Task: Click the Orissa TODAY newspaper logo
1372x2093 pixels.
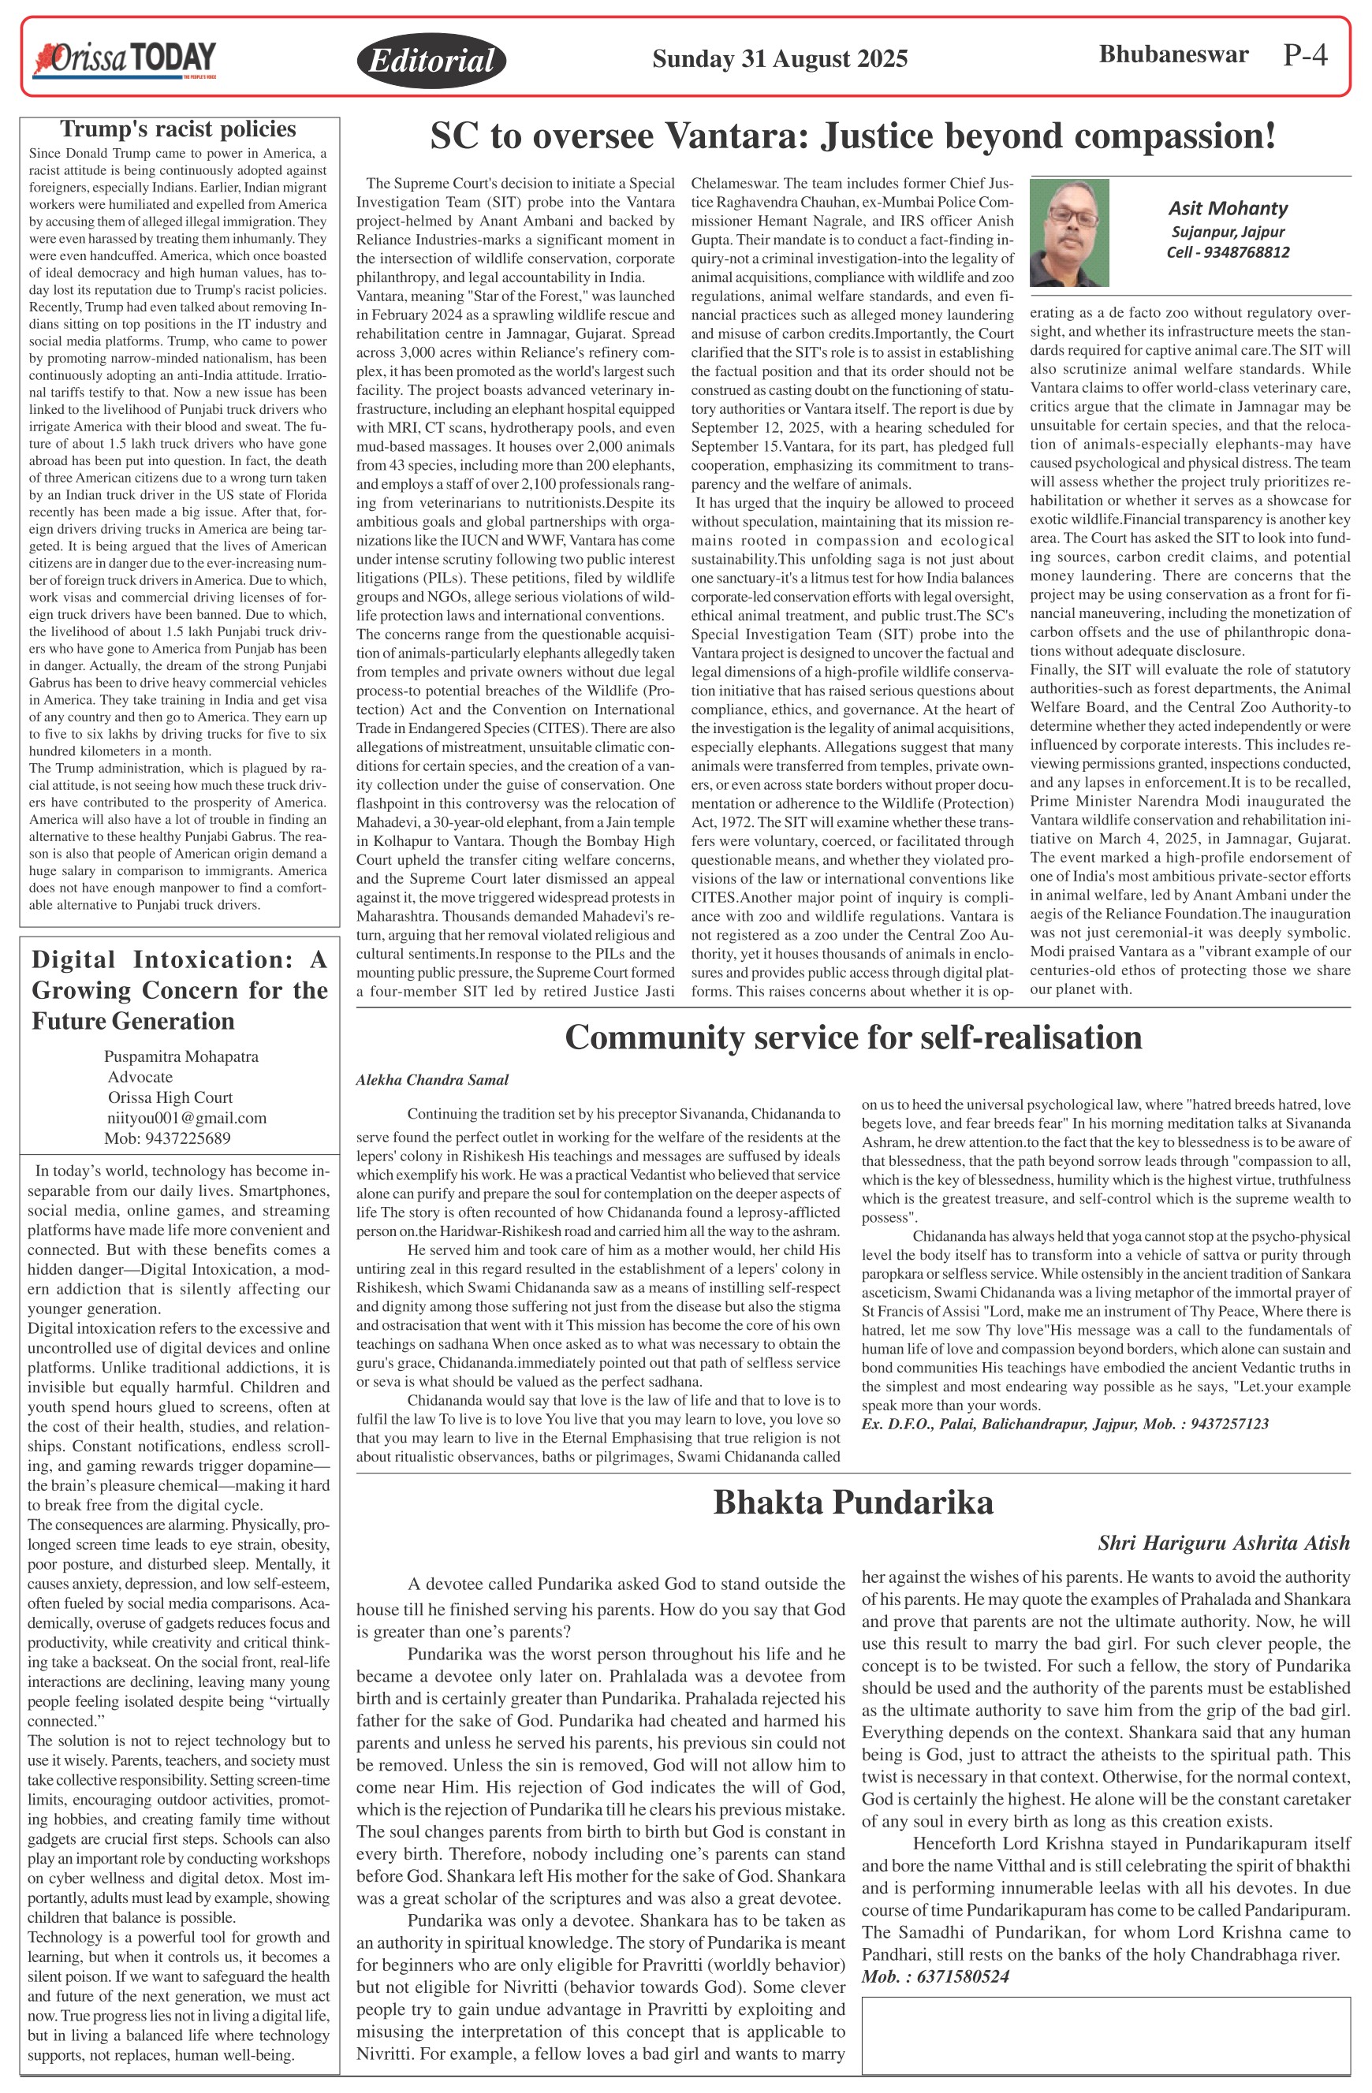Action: pos(124,59)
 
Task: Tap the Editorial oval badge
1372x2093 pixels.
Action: pos(431,60)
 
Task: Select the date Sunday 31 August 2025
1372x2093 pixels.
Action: pos(779,59)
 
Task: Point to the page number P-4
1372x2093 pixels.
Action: pos(1304,55)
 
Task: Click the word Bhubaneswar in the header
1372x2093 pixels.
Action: pos(1173,54)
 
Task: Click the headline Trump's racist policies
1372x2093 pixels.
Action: pos(177,129)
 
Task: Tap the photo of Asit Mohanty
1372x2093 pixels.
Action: pos(1068,233)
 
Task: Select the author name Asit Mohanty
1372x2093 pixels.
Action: pos(1228,208)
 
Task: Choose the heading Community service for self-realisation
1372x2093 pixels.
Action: pos(852,1037)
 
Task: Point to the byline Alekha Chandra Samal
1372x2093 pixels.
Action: pos(432,1080)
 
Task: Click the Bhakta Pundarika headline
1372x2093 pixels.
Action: pos(852,1502)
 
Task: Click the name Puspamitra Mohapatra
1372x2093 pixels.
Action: pos(181,1056)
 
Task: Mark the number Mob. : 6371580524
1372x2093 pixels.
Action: pos(935,1976)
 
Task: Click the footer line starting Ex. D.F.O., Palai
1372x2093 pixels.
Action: pos(1064,1423)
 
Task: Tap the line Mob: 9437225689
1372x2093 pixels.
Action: pos(167,1138)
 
